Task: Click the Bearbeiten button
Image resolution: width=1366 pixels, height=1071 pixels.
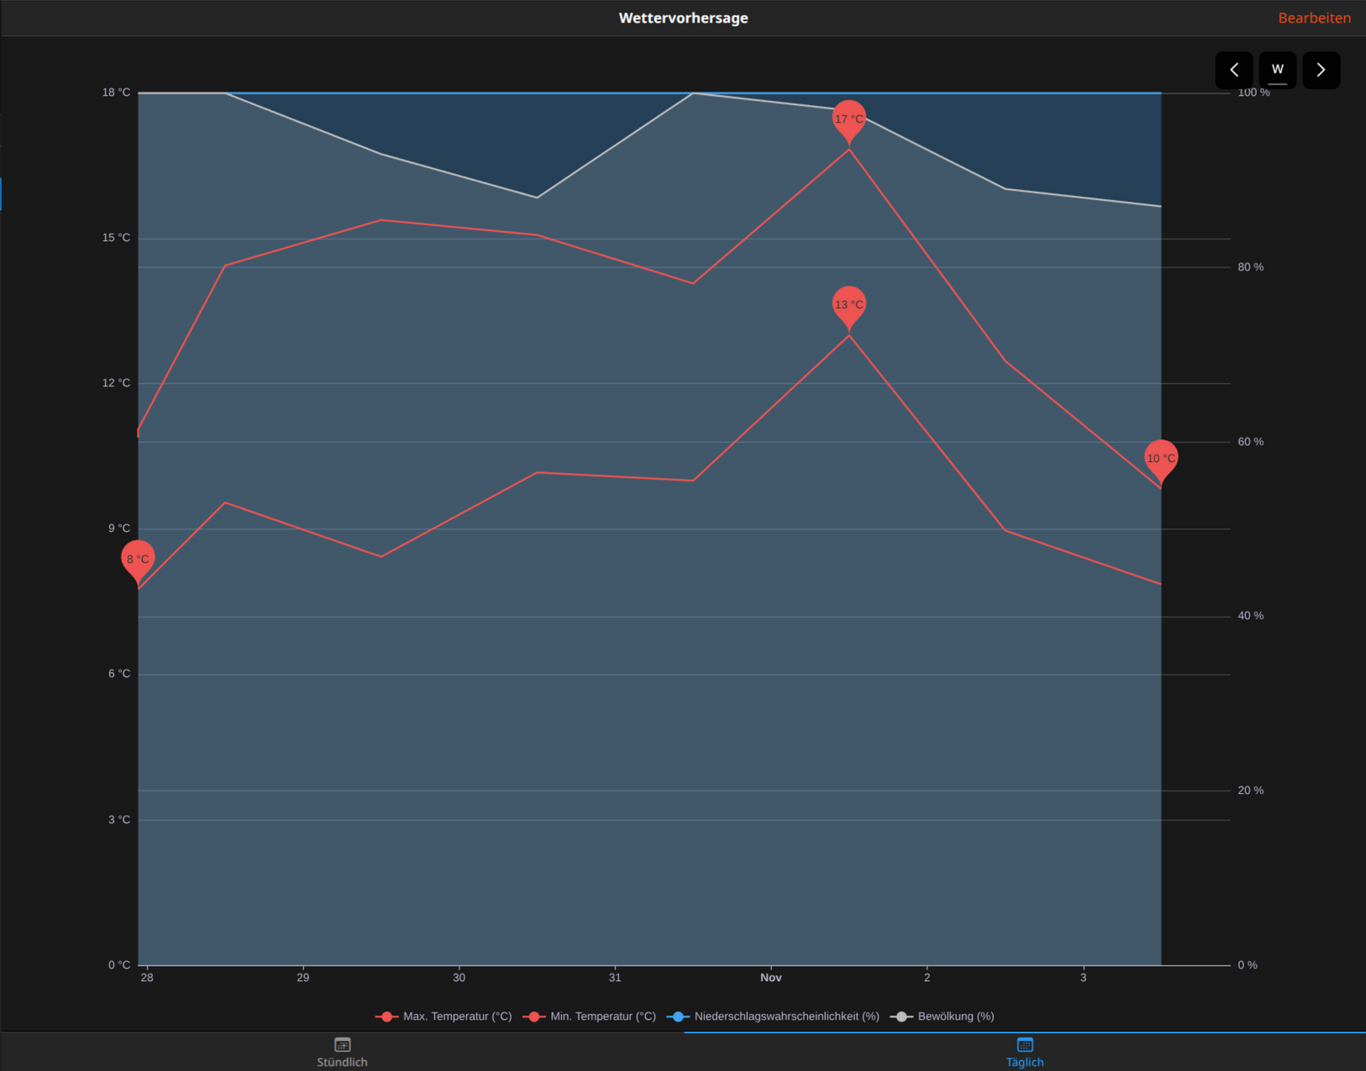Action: (x=1314, y=18)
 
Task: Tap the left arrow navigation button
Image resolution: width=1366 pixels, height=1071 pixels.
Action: (x=1233, y=70)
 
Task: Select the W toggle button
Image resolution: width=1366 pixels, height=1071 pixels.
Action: (x=1277, y=70)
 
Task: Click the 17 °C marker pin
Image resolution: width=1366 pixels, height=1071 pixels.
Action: (x=848, y=118)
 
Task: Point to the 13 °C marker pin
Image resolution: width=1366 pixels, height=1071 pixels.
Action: (x=848, y=304)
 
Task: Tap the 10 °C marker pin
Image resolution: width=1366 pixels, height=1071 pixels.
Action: (x=1160, y=458)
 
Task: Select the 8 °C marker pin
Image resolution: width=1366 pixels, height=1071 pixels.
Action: (x=138, y=559)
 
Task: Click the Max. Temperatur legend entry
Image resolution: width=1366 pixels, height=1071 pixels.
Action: (x=444, y=1016)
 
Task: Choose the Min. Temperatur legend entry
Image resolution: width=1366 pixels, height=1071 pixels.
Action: (x=590, y=1016)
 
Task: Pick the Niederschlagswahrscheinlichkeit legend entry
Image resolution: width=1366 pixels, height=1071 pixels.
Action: (x=774, y=1016)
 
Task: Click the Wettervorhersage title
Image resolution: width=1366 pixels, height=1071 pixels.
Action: (x=683, y=18)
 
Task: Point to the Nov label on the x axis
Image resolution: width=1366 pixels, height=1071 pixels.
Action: (x=770, y=978)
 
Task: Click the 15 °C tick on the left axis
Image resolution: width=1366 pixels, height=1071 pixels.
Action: (x=116, y=238)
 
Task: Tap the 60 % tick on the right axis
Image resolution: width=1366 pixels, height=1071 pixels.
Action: (x=1250, y=442)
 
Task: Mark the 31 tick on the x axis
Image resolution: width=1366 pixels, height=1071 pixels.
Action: (x=615, y=978)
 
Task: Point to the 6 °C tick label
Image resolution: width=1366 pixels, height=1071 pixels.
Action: (x=118, y=674)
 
